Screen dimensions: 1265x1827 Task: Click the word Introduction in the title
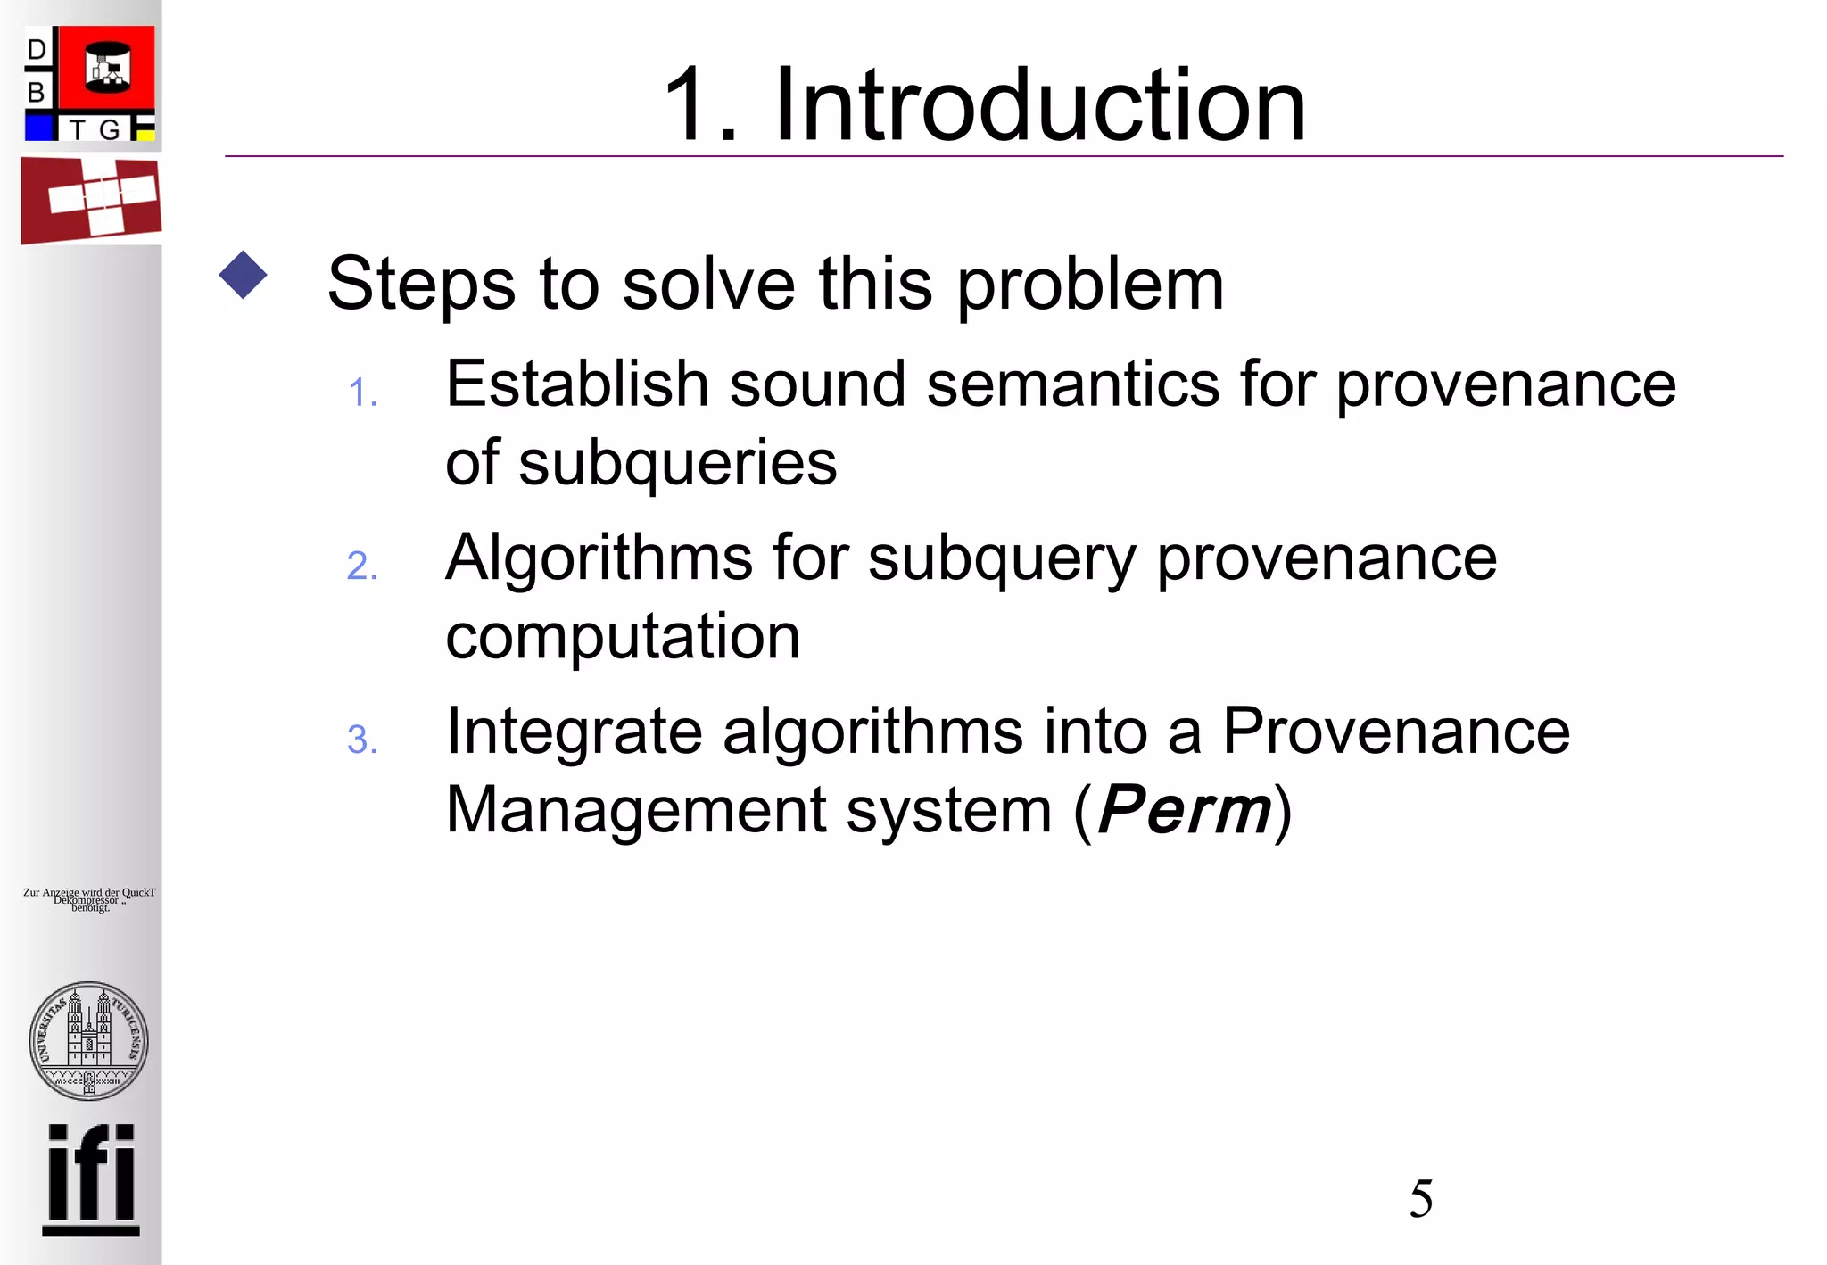(x=1039, y=105)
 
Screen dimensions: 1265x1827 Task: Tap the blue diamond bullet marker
(x=243, y=275)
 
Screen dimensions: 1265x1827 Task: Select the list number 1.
(x=362, y=393)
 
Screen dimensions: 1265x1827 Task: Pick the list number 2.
(x=362, y=566)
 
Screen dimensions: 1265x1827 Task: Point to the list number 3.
(x=362, y=740)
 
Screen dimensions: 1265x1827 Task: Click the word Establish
(x=576, y=384)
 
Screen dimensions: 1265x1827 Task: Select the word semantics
(x=1072, y=384)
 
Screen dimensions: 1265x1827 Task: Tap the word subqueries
(x=678, y=464)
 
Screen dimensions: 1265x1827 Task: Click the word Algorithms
(x=599, y=558)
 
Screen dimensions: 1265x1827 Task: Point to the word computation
(x=623, y=637)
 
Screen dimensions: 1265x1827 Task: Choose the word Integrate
(x=575, y=732)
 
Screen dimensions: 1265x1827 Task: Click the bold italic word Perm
(x=1184, y=810)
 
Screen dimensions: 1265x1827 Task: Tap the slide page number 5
(x=1421, y=1198)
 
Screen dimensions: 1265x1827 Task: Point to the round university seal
(x=88, y=1040)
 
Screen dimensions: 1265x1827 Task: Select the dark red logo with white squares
(x=91, y=200)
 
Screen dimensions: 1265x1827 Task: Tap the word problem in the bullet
(x=1090, y=284)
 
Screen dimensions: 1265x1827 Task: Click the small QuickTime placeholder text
(x=89, y=899)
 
